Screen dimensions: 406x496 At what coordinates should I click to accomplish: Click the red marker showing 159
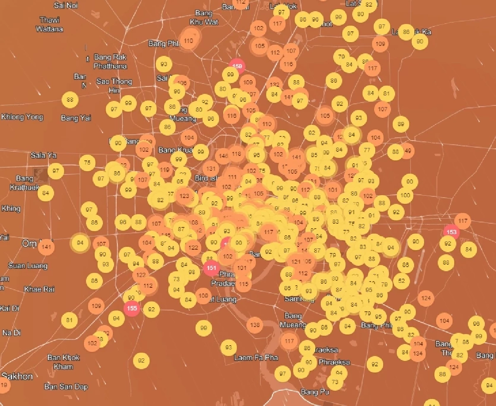coord(237,66)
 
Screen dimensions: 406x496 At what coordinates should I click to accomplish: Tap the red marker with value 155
coord(132,308)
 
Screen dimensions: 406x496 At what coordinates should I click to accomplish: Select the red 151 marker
coord(211,268)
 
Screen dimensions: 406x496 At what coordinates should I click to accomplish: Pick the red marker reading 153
coord(451,232)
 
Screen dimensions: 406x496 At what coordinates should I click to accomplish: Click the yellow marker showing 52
coord(401,281)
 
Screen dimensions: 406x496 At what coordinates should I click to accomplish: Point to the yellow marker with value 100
coord(405,195)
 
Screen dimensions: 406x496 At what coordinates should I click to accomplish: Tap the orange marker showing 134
coord(417,353)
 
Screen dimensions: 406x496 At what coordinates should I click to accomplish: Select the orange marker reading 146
coord(223,156)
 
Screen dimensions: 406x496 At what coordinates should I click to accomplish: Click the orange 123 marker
coord(184,196)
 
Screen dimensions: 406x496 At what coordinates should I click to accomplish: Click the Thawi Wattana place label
coord(50,24)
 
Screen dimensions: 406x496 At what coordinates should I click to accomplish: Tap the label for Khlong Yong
coord(22,117)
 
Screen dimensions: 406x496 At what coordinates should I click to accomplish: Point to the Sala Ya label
coord(43,155)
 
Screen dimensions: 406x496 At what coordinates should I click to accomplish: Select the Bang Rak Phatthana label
coord(110,62)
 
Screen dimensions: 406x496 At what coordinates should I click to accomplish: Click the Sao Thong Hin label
coord(114,86)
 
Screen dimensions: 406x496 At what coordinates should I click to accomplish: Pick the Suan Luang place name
coord(28,265)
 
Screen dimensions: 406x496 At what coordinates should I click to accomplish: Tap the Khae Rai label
coord(39,289)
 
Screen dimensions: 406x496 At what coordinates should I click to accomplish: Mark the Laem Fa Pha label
coord(256,358)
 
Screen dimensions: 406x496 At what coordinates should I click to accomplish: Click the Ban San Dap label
coord(66,387)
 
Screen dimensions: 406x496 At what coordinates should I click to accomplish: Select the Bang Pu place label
coord(315,392)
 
